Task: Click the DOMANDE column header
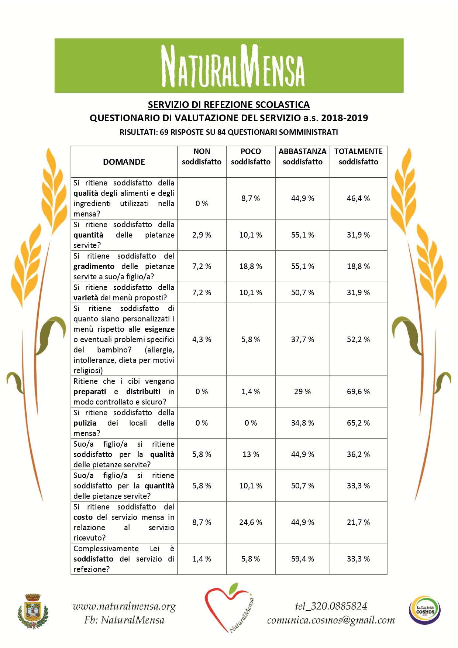pos(124,162)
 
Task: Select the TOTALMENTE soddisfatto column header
pos(358,157)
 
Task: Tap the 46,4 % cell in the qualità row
pos(358,198)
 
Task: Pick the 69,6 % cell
pos(358,392)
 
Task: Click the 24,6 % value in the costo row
pos(251,522)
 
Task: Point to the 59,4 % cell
pos(302,559)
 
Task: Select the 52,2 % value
pos(358,340)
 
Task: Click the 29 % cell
pos(302,392)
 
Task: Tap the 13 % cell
pos(251,454)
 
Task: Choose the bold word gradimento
pos(94,266)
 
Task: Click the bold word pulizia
pos(85,423)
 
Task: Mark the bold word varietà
pos(86,298)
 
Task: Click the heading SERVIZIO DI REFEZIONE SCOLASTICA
pos(229,105)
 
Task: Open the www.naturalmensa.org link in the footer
pos(124,606)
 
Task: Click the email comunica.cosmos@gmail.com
pos(331,620)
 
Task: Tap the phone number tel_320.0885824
pos(331,606)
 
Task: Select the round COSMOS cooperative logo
pos(425,610)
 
